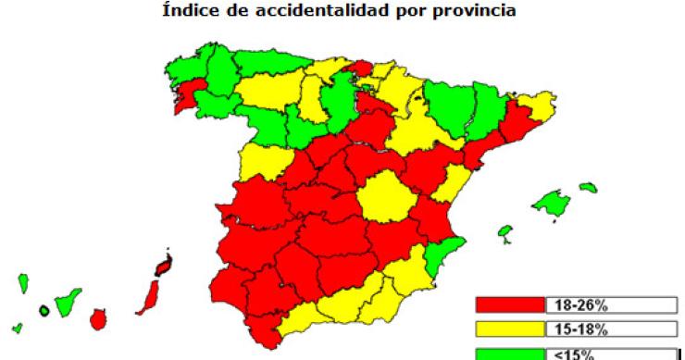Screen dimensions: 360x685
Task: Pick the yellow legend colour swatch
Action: [x=508, y=329]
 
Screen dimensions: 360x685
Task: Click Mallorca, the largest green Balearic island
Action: [x=554, y=200]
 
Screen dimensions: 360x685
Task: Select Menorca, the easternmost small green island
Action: [x=588, y=188]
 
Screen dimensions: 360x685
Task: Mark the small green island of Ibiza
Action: [x=505, y=230]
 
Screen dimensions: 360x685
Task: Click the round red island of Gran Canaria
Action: [x=99, y=318]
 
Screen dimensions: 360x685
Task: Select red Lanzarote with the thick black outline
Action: [x=164, y=267]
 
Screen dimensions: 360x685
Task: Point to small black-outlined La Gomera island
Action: [x=44, y=310]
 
